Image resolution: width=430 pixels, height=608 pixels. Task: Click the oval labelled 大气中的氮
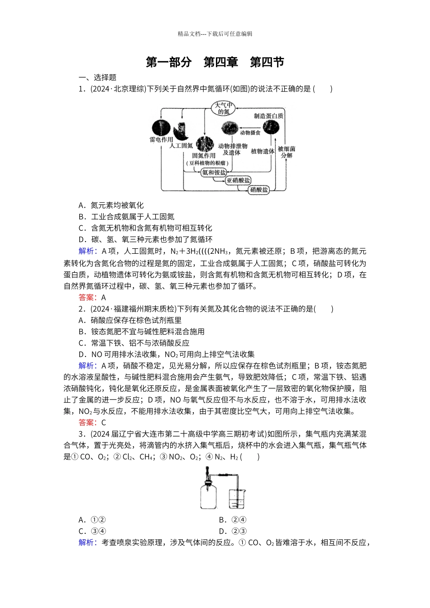224,108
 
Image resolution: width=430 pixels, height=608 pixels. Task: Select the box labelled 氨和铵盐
214,172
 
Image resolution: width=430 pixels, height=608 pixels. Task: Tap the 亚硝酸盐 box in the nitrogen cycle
238,180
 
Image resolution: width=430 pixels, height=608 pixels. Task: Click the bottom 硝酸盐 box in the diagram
259,190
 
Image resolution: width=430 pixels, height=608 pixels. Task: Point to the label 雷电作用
162,140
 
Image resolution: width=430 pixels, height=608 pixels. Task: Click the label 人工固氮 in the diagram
181,146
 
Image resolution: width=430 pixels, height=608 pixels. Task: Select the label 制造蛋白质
269,116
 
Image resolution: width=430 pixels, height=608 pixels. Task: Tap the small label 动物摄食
250,133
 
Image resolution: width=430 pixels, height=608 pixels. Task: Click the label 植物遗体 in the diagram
263,151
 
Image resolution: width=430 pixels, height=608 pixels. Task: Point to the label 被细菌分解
287,152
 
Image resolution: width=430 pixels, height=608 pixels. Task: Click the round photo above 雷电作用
161,128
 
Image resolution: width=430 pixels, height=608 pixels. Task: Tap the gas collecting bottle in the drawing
208,498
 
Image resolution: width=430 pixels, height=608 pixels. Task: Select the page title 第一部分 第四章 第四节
215,62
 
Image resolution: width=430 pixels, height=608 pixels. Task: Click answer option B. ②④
233,520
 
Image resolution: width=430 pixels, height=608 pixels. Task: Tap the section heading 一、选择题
97,77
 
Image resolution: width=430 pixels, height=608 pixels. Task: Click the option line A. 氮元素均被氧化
111,205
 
